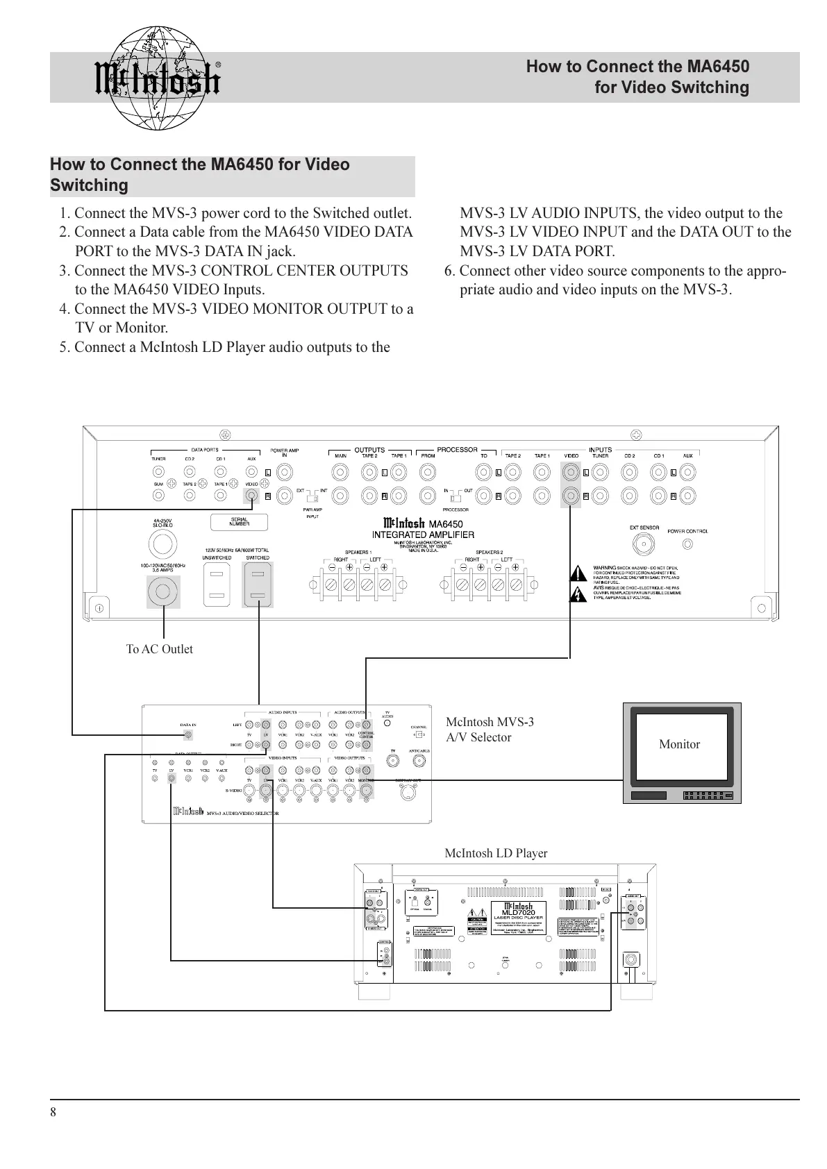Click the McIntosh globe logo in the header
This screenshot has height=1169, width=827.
pos(156,78)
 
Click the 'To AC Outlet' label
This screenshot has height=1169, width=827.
pos(159,649)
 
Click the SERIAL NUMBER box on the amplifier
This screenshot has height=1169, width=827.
pos(240,521)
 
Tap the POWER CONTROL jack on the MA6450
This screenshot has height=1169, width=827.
pos(687,544)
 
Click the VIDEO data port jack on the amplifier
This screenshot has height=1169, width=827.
pos(251,496)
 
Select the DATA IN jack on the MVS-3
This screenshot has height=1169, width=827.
pos(188,734)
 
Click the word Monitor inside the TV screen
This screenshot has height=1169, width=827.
pos(679,744)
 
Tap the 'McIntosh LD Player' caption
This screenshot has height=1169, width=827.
pos(496,853)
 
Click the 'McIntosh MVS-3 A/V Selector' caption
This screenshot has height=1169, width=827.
pos(490,730)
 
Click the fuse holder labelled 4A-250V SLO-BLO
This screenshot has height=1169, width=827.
pos(162,545)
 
